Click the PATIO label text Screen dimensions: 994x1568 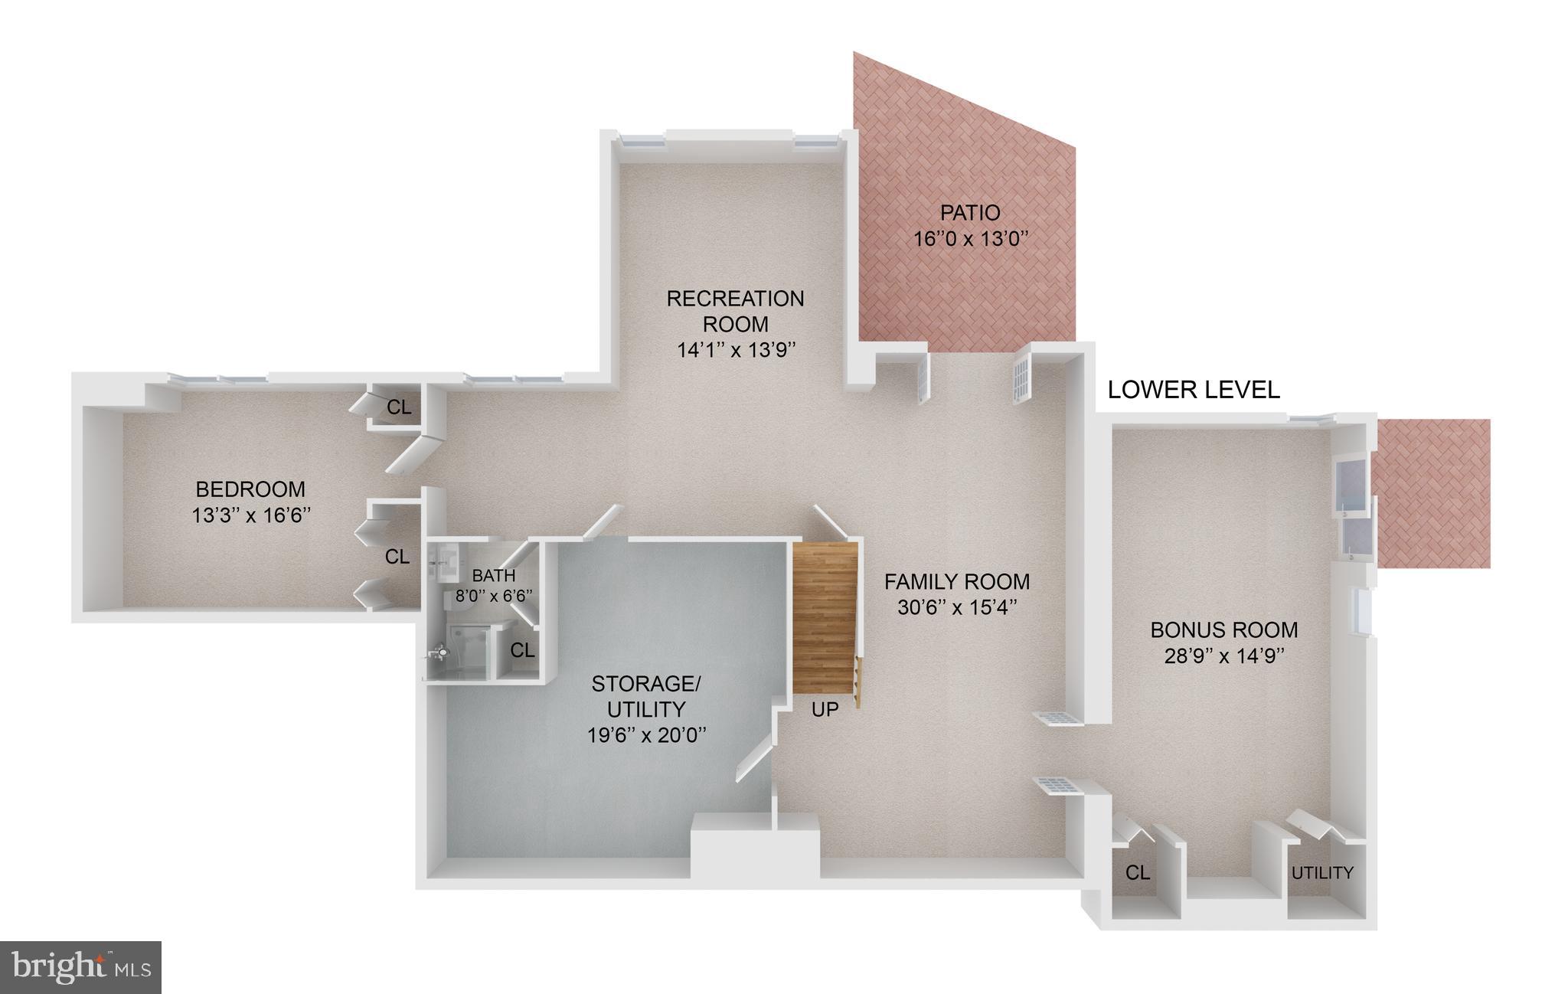[970, 212]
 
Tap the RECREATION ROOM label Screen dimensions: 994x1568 [735, 310]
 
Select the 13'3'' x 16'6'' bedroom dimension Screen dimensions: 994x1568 [251, 515]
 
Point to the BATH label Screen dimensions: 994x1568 [494, 575]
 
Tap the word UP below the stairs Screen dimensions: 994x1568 [825, 710]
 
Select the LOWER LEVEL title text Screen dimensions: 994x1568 [1194, 390]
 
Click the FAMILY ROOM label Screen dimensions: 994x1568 [957, 582]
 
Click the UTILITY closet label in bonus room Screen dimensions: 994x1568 [1322, 872]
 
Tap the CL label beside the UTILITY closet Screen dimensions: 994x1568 [1138, 872]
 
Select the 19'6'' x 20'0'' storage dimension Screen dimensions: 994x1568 [646, 735]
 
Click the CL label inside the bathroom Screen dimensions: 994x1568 [522, 650]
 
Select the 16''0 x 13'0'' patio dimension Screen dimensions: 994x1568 [970, 239]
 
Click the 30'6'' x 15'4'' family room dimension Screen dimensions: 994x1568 [957, 608]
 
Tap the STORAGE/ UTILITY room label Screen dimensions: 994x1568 [646, 695]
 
